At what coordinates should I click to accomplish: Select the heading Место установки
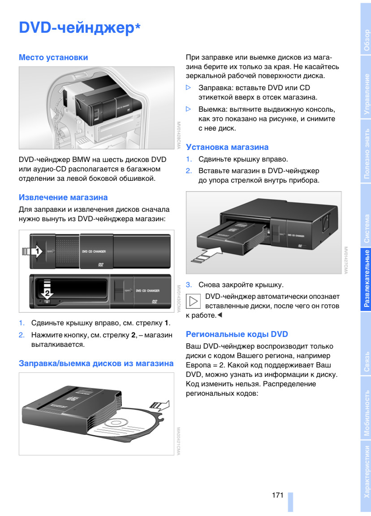pyautogui.click(x=53, y=57)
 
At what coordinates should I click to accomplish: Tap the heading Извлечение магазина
pyautogui.click(x=63, y=197)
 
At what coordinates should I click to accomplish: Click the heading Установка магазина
pyautogui.click(x=227, y=147)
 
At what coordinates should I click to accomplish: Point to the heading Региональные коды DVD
pyautogui.click(x=237, y=334)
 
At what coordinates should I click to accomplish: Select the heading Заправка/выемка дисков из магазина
pyautogui.click(x=96, y=363)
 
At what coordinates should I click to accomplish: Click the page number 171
pyautogui.click(x=277, y=495)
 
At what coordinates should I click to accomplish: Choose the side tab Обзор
pyautogui.click(x=367, y=40)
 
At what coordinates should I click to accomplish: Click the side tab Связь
pyautogui.click(x=367, y=363)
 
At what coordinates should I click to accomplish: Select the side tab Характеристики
pyautogui.click(x=367, y=471)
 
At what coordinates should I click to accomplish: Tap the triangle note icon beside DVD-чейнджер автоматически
pyautogui.click(x=194, y=301)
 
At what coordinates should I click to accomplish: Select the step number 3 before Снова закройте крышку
pyautogui.click(x=189, y=284)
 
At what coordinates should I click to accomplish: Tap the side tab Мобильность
pyautogui.click(x=367, y=413)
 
